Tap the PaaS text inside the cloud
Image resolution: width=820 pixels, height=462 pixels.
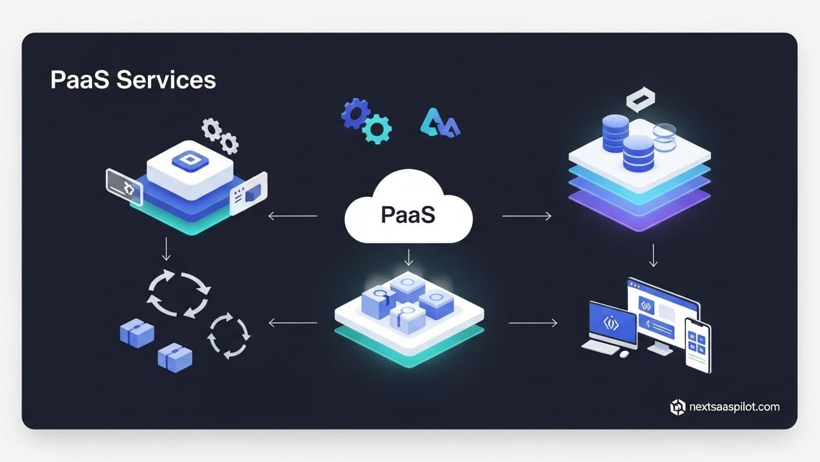(x=408, y=215)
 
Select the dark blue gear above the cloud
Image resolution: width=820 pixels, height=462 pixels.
(x=354, y=113)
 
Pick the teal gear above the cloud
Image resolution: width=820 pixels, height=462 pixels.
(x=378, y=129)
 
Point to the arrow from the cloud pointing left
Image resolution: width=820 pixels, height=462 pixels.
(x=293, y=216)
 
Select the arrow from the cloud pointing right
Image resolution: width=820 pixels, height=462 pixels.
(x=526, y=216)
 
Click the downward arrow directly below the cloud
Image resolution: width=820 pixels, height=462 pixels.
(x=408, y=257)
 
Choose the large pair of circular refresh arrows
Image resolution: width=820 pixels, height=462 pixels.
(x=178, y=294)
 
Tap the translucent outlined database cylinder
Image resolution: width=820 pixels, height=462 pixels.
(x=664, y=137)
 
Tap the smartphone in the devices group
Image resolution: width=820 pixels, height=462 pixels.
(x=697, y=346)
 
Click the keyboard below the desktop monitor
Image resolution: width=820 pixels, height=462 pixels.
(x=600, y=348)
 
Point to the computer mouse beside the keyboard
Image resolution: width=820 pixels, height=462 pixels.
(x=624, y=354)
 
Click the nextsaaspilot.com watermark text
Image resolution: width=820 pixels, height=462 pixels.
(x=733, y=407)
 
